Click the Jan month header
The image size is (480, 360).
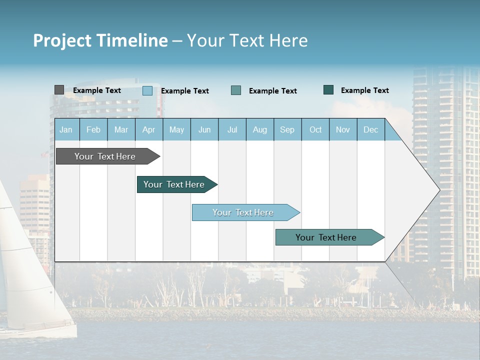66,130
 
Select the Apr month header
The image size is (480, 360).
149,130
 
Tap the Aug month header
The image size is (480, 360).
259,130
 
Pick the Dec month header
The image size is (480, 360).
370,130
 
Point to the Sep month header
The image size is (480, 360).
287,130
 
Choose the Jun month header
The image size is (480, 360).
204,130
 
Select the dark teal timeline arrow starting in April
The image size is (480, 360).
175,184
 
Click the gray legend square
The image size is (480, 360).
59,90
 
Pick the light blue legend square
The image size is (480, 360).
147,90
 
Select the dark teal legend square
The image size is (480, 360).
328,90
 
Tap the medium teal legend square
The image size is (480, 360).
236,90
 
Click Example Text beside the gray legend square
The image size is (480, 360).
97,90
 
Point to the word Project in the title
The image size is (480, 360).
62,40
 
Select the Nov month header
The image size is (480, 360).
343,130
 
